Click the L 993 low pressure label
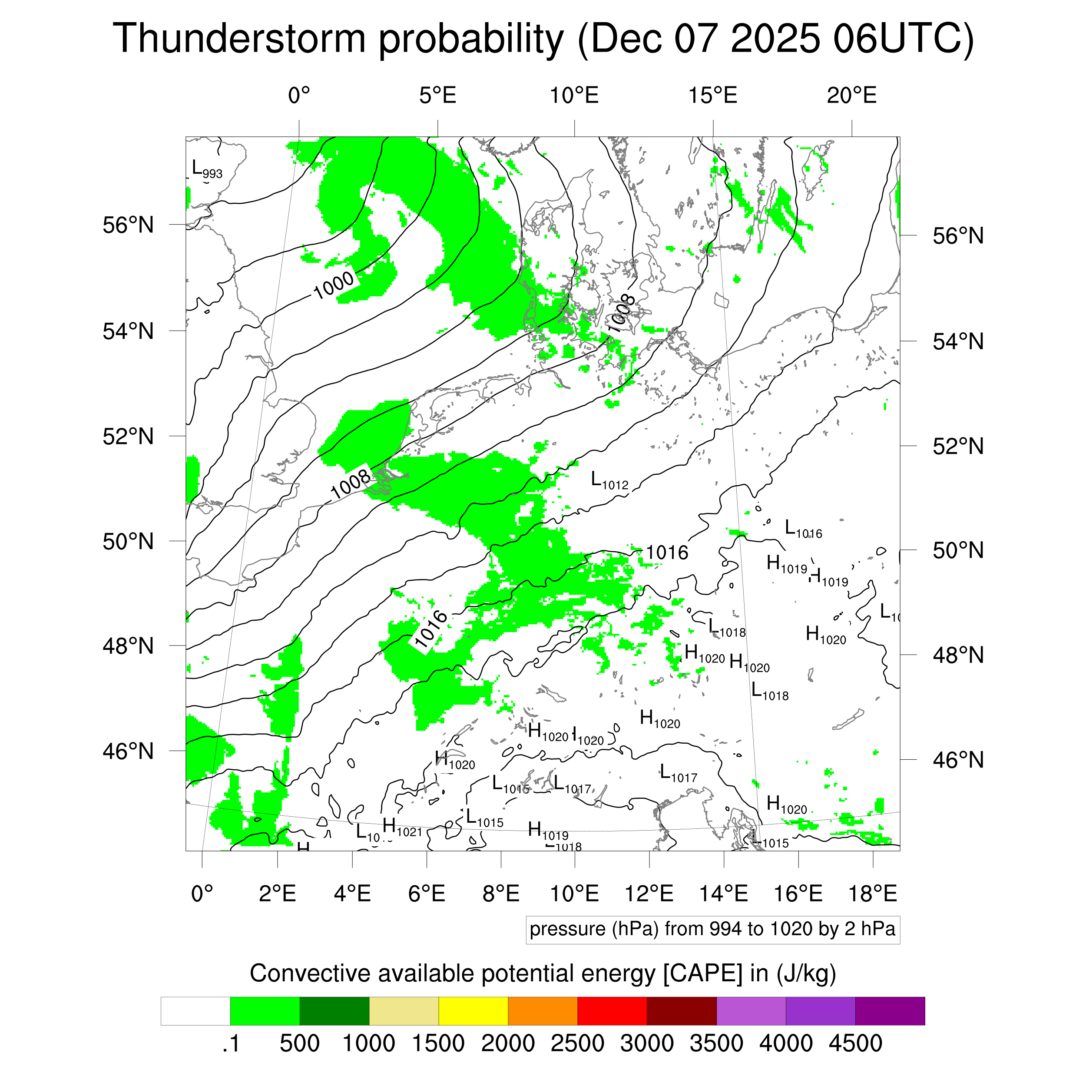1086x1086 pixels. [207, 169]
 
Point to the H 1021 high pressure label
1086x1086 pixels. [402, 828]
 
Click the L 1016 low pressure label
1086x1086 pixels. [803, 530]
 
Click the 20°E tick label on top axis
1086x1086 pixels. [851, 96]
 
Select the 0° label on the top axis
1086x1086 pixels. [299, 96]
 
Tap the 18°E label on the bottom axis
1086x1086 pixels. [872, 893]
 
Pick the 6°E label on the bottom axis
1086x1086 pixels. [427, 893]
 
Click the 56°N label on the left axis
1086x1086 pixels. [128, 225]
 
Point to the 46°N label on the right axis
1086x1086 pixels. [958, 760]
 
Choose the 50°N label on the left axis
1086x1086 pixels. [128, 541]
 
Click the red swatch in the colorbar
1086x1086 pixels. [612, 1011]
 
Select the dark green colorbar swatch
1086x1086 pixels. [334, 1011]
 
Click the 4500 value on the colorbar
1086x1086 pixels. [855, 1043]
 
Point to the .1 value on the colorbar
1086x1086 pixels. [231, 1043]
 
